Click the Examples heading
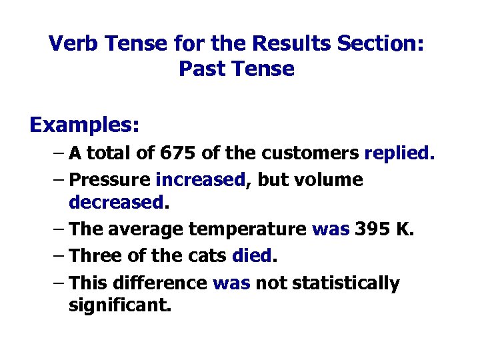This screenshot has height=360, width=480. pos(84,125)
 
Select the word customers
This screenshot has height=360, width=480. pos(311,154)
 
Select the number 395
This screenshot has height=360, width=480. pos(370,230)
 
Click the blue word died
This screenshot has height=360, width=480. pos(253,256)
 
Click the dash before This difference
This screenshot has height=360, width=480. pos(57,283)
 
